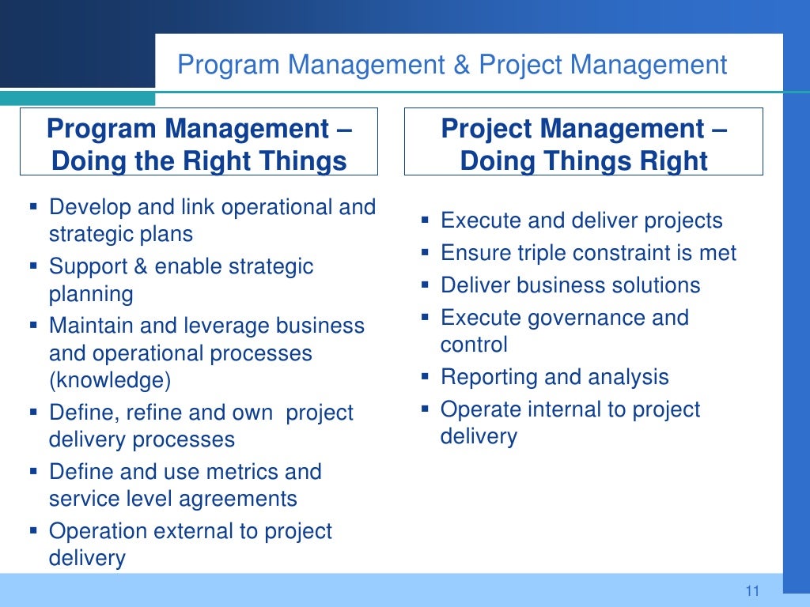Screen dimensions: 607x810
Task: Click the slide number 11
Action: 751,591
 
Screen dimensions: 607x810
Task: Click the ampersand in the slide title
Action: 462,65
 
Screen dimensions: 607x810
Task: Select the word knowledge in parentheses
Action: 110,381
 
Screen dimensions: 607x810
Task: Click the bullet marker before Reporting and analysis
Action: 425,376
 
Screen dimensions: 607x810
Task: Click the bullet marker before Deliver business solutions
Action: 425,285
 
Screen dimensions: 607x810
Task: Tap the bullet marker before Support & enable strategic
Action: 33,266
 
